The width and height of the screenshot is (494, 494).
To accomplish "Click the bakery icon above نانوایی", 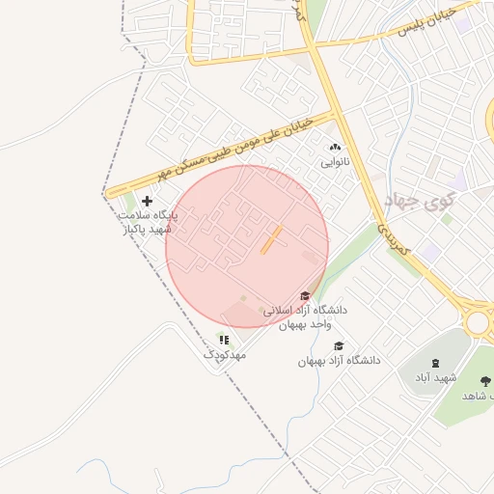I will (x=335, y=148).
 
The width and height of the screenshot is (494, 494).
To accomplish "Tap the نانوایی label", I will (x=337, y=163).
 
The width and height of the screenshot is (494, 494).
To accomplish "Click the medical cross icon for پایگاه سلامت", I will (x=147, y=201).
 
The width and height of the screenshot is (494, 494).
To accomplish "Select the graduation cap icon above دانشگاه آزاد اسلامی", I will (x=305, y=296).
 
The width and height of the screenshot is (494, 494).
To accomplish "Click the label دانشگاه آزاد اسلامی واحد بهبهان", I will (x=312, y=317).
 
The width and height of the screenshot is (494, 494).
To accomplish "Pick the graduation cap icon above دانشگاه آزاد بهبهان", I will (x=338, y=345).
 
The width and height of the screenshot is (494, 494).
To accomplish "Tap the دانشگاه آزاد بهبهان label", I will (x=339, y=360).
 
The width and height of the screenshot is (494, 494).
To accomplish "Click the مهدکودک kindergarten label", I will (x=225, y=355).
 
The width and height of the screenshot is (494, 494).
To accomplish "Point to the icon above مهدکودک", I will (x=224, y=340).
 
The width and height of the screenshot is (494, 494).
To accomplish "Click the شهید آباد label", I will (x=435, y=377).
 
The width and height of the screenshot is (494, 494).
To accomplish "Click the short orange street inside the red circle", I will (x=271, y=240).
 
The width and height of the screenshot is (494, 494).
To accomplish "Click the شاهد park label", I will (x=478, y=396).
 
